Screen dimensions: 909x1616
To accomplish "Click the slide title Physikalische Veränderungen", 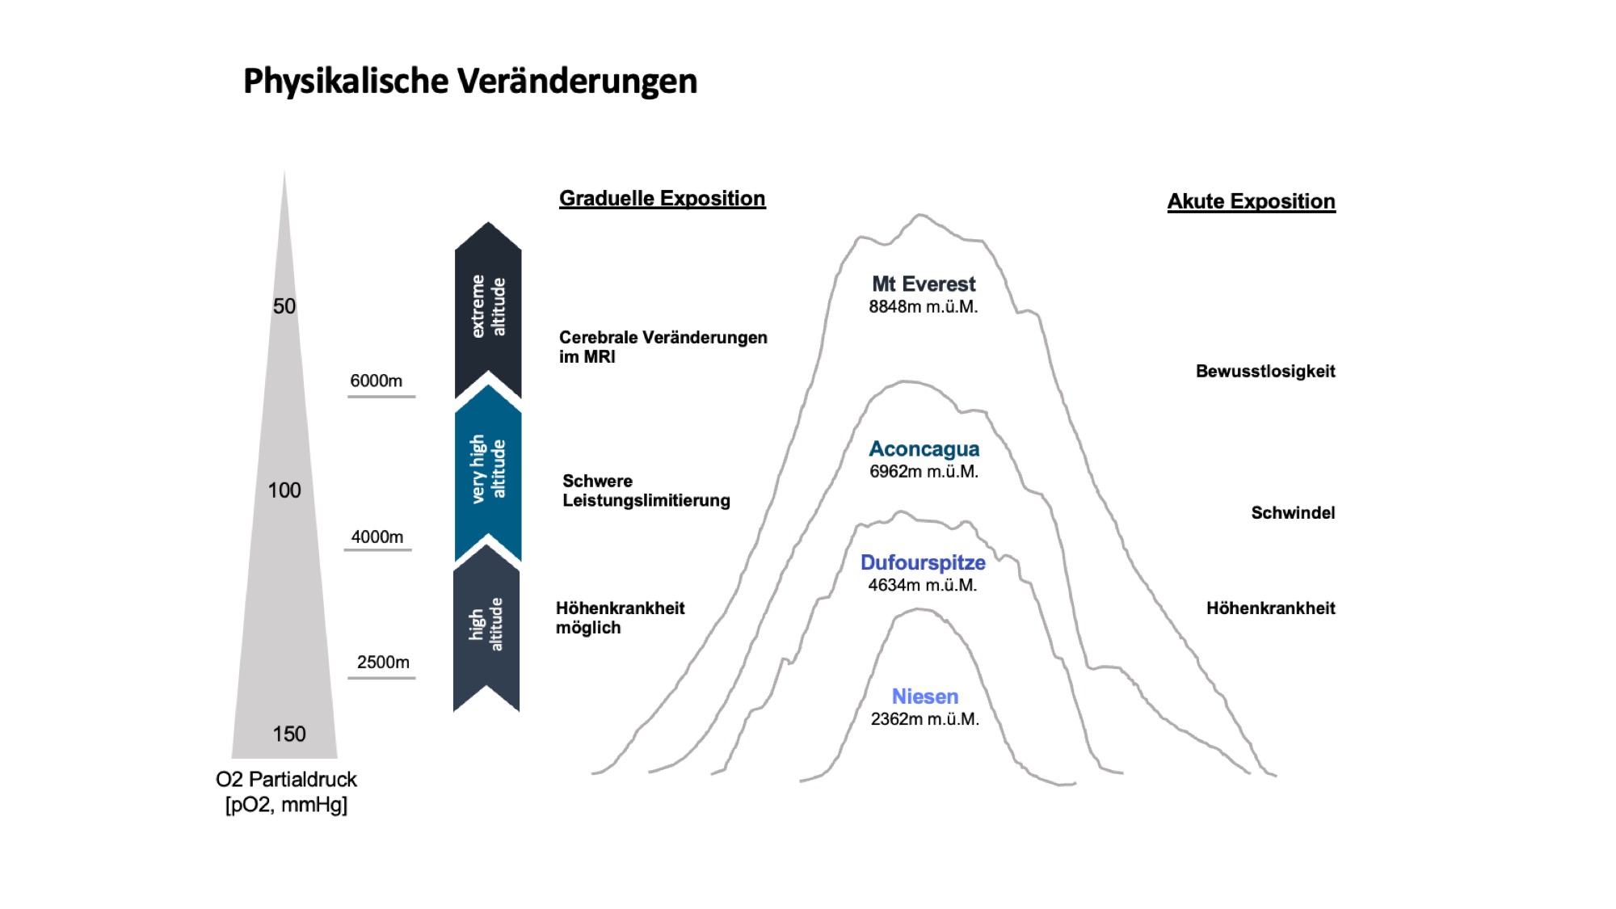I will pyautogui.click(x=469, y=82).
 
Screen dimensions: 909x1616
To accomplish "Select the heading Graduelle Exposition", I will pyautogui.click(x=662, y=199).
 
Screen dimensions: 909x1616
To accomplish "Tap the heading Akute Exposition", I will pyautogui.click(x=1251, y=201).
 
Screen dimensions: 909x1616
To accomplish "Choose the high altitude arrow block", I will pyautogui.click(x=486, y=626).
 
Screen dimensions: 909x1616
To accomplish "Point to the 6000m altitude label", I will pyautogui.click(x=376, y=381).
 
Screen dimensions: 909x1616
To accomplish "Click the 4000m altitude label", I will pyautogui.click(x=377, y=537).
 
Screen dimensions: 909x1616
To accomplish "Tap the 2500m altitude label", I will pyautogui.click(x=383, y=662).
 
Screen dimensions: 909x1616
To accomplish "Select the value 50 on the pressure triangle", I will pyautogui.click(x=284, y=306).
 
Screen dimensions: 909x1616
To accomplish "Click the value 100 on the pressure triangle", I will pyautogui.click(x=284, y=490).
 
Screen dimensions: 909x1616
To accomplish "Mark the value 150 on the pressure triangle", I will pyautogui.click(x=288, y=734).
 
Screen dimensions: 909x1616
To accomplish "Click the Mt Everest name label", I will pyautogui.click(x=924, y=284).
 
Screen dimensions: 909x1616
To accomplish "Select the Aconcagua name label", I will pyautogui.click(x=924, y=449).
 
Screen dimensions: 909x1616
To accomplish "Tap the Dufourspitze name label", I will pyautogui.click(x=923, y=563).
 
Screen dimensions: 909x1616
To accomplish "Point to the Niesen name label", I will pyautogui.click(x=924, y=696).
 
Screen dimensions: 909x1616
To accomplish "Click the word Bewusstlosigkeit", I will pyautogui.click(x=1265, y=372).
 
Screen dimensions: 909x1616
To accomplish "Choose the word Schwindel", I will pyautogui.click(x=1293, y=513).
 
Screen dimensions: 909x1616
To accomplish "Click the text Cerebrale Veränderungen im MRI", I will pyautogui.click(x=663, y=347).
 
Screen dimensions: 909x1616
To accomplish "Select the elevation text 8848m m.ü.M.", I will pyautogui.click(x=924, y=307).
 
